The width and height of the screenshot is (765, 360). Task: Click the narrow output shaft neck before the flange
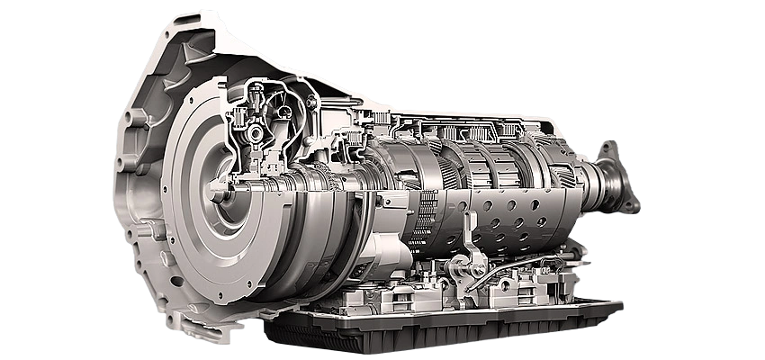point(594,180)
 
